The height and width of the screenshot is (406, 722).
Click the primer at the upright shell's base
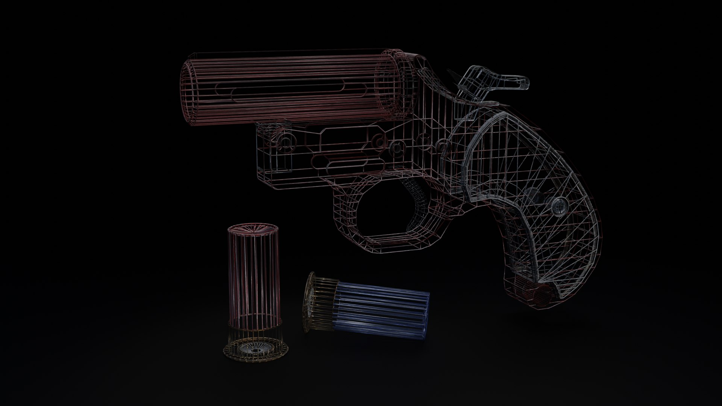256,350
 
